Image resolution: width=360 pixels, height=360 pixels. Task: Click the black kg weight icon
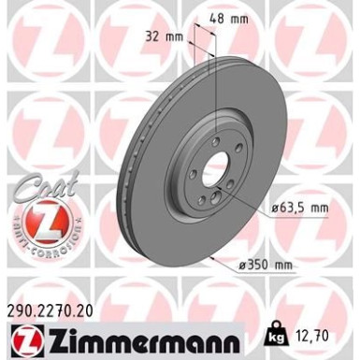point(277,331)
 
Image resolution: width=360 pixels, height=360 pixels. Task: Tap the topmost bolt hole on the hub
point(219,142)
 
